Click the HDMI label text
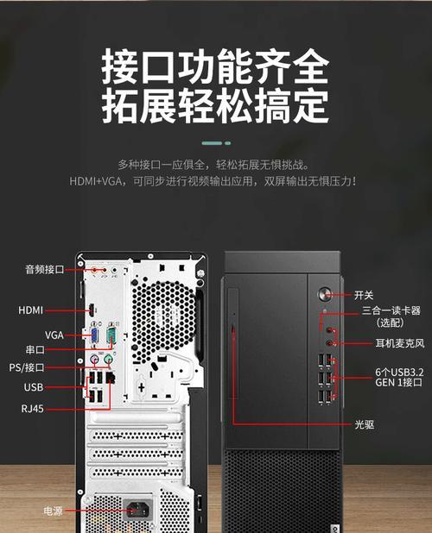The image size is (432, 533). pyautogui.click(x=30, y=310)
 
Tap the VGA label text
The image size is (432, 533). pyautogui.click(x=54, y=335)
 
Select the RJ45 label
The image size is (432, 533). pyautogui.click(x=32, y=408)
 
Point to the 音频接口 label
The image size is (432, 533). pyautogui.click(x=45, y=270)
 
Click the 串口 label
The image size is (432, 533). pyautogui.click(x=35, y=349)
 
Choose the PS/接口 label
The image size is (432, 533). pyautogui.click(x=27, y=367)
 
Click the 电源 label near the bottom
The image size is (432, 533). pyautogui.click(x=53, y=511)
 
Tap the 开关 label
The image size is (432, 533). pyautogui.click(x=364, y=295)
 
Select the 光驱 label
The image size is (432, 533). pyautogui.click(x=365, y=424)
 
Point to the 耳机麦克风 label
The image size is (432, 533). pyautogui.click(x=400, y=343)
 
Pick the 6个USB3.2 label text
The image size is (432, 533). pyautogui.click(x=399, y=373)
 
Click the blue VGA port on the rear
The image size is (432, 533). pyautogui.click(x=94, y=336)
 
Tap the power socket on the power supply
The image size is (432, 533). pyautogui.click(x=137, y=510)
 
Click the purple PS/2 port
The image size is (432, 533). pyautogui.click(x=94, y=359)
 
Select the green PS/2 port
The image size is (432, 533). pyautogui.click(x=108, y=359)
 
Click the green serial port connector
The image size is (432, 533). pyautogui.click(x=111, y=335)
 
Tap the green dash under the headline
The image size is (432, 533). pyautogui.click(x=216, y=143)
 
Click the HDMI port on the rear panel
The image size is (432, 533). pyautogui.click(x=92, y=310)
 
